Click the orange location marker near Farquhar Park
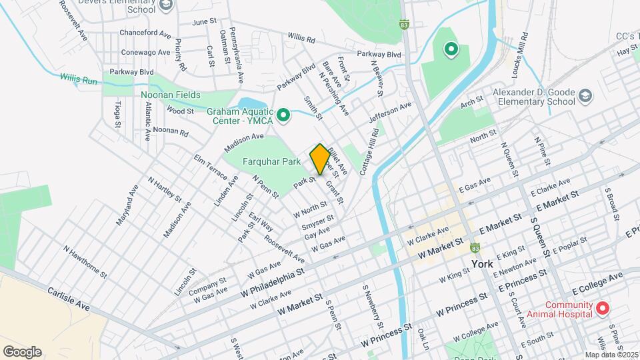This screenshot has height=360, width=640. coord(320,159)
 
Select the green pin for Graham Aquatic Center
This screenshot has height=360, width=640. coord(283,116)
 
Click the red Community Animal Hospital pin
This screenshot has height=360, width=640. coord(602,308)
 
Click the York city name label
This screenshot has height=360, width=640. coord(481,264)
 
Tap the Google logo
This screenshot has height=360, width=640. coord(22,351)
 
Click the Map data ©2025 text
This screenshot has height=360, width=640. coord(611,355)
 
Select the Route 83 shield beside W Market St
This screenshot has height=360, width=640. coord(475,248)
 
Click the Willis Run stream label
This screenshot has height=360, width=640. coord(79,77)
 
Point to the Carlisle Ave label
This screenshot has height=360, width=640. coord(69,299)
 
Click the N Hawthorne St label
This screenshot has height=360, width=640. coord(85,261)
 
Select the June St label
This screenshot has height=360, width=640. coord(204,21)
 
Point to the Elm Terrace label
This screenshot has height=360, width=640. coord(206,170)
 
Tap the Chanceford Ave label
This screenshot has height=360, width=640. coord(145,32)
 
